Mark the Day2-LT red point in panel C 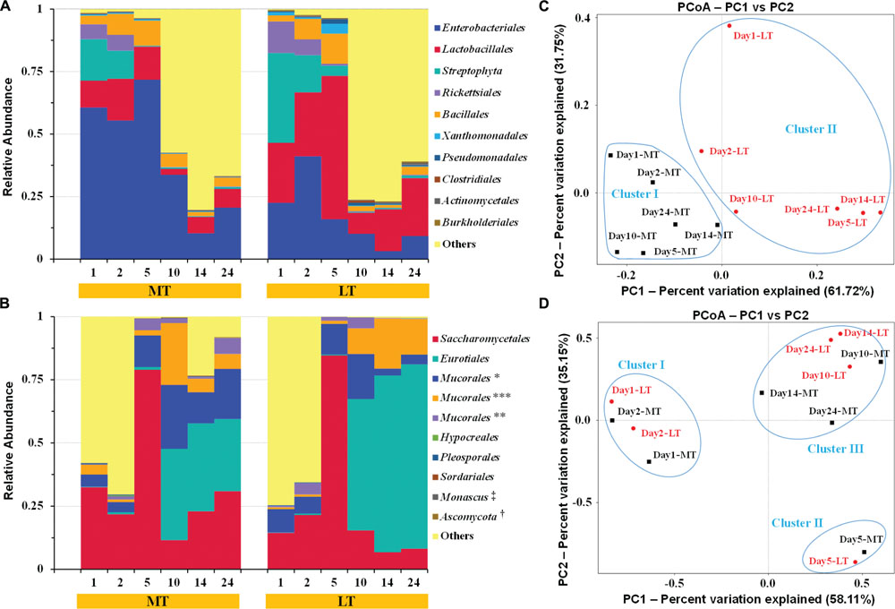coord(701,151)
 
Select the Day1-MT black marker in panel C coord(610,155)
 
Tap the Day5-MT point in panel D coord(864,552)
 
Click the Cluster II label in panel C coord(811,129)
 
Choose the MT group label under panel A coord(160,290)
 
